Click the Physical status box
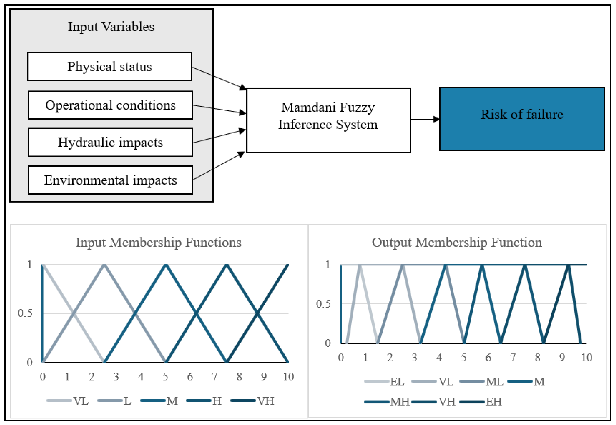pyautogui.click(x=110, y=66)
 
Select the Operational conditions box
pyautogui.click(x=110, y=105)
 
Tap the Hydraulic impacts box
pyautogui.click(x=110, y=142)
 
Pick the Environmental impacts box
pyautogui.click(x=110, y=180)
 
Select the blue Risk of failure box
pyautogui.click(x=522, y=119)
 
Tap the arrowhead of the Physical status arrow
pyautogui.click(x=243, y=87)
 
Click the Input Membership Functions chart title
pyautogui.click(x=159, y=243)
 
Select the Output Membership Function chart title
pyautogui.click(x=457, y=243)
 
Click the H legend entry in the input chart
pyautogui.click(x=204, y=401)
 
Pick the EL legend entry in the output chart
pyautogui.click(x=384, y=382)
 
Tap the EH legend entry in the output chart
pyautogui.click(x=481, y=402)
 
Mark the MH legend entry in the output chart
pyautogui.click(x=387, y=402)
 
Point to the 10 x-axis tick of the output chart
pyautogui.click(x=587, y=357)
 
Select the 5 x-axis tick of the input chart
pyautogui.click(x=165, y=377)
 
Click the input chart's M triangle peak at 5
pyautogui.click(x=165, y=265)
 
